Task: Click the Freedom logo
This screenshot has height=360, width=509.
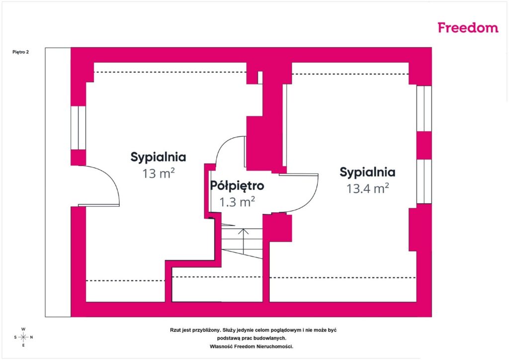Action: coord(468,27)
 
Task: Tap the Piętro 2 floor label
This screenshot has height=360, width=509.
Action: coord(21,52)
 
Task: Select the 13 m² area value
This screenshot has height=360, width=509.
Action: coord(159,173)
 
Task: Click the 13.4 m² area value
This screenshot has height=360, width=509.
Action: coord(367,188)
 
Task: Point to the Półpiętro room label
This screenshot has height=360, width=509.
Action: coord(237,185)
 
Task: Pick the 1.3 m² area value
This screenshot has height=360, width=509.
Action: coord(237,202)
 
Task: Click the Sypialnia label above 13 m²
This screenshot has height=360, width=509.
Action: coord(158,157)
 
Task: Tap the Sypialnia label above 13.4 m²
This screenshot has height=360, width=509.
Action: coord(367,172)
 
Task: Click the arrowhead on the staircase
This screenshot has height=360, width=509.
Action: coord(243,231)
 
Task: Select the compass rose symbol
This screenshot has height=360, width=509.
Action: coord(23,337)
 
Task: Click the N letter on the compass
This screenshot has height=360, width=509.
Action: coord(31,337)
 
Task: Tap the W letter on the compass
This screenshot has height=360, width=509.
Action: coord(23,329)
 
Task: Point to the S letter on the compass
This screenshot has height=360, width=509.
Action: coord(15,337)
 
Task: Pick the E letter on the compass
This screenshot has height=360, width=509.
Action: coord(23,346)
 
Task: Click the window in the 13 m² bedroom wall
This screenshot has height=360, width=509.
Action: coord(78,128)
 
